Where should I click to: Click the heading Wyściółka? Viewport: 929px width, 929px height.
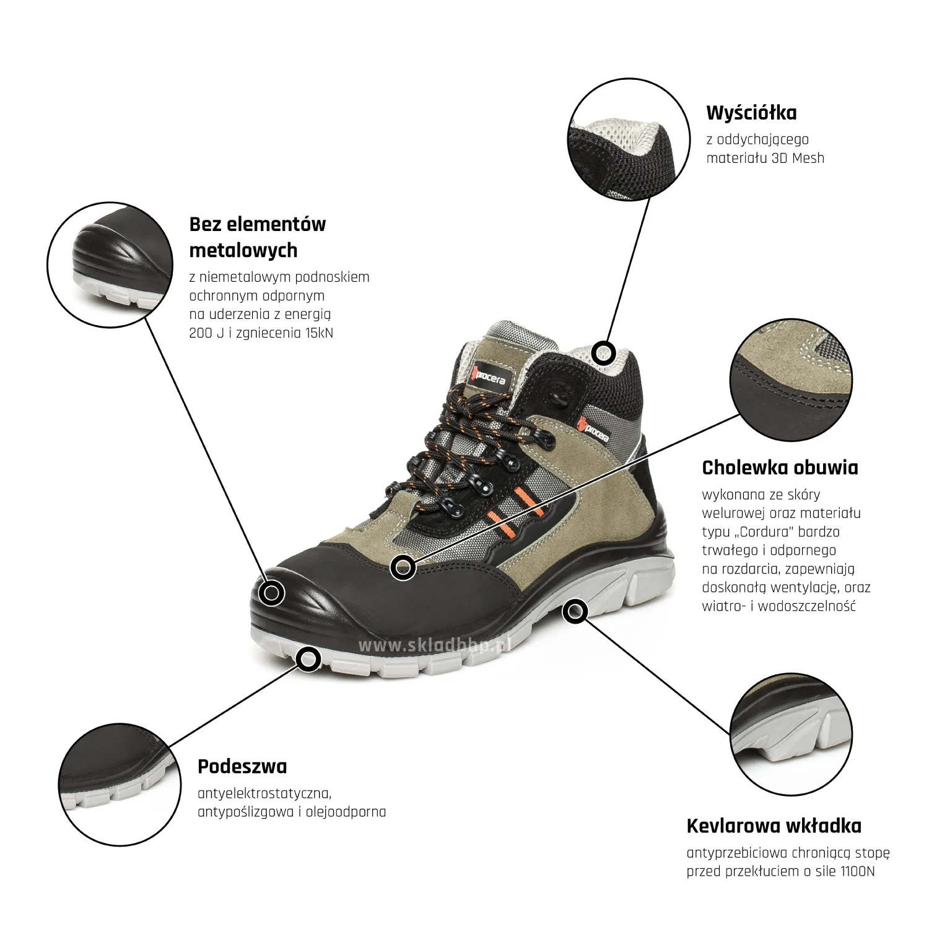point(751,113)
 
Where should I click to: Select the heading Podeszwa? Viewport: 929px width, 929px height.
point(242,767)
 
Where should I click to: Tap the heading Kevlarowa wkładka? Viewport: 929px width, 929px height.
point(774,826)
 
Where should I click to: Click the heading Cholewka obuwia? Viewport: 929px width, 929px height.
point(780,468)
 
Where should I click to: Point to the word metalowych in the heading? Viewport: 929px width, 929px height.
point(243,250)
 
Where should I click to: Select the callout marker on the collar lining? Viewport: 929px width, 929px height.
point(603,353)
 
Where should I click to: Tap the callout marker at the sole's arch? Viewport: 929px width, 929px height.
point(575,612)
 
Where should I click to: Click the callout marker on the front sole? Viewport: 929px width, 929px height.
point(308,659)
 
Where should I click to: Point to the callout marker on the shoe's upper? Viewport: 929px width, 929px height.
point(403,567)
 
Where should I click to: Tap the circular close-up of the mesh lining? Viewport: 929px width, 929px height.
point(629,140)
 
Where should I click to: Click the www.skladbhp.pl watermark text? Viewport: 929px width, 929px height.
point(434,645)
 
